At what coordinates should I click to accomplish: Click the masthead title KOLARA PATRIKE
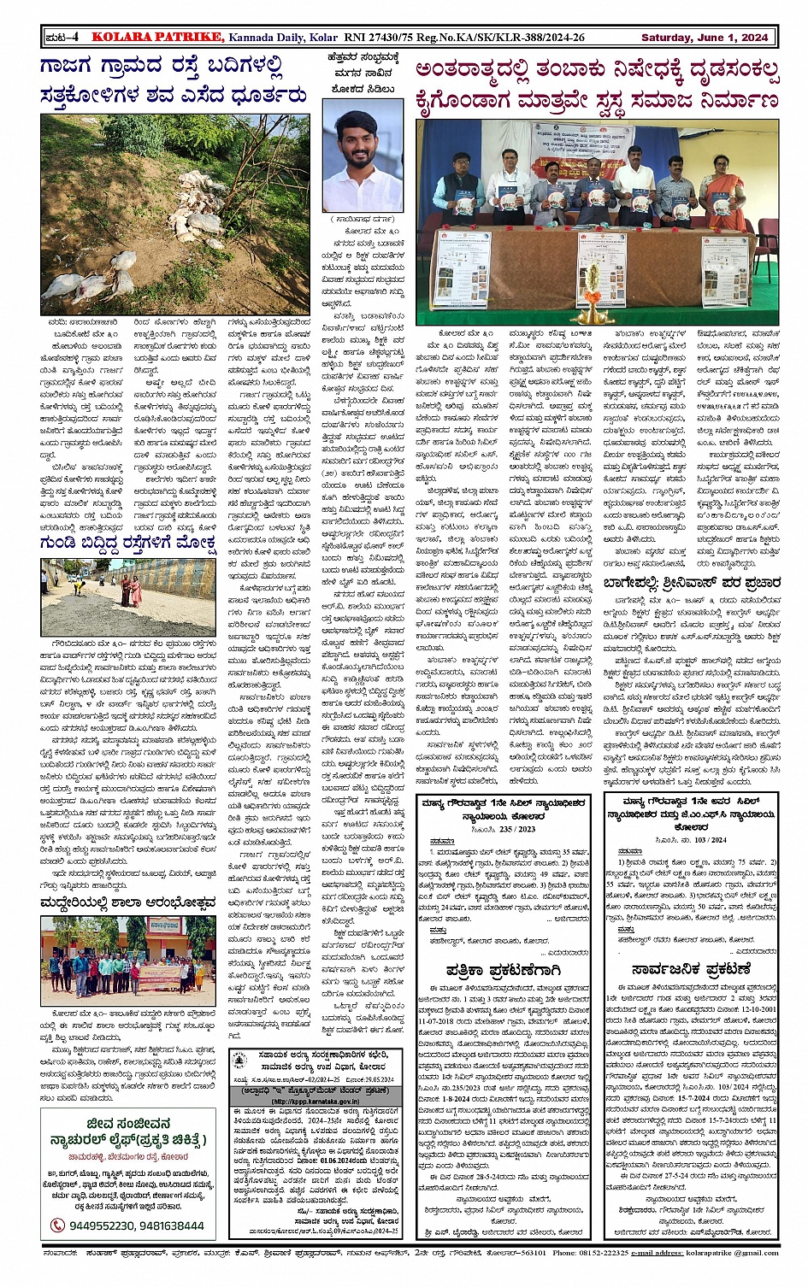(158, 38)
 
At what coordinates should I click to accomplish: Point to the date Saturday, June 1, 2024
(704, 38)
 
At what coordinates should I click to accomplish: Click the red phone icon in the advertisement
(57, 1225)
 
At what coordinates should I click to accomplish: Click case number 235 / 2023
(514, 828)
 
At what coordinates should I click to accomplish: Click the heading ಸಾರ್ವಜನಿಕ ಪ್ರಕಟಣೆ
(691, 969)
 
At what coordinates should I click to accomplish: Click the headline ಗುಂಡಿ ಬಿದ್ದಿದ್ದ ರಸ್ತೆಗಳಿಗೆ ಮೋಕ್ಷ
(128, 545)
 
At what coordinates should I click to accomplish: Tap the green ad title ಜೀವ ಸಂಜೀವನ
(128, 1123)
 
